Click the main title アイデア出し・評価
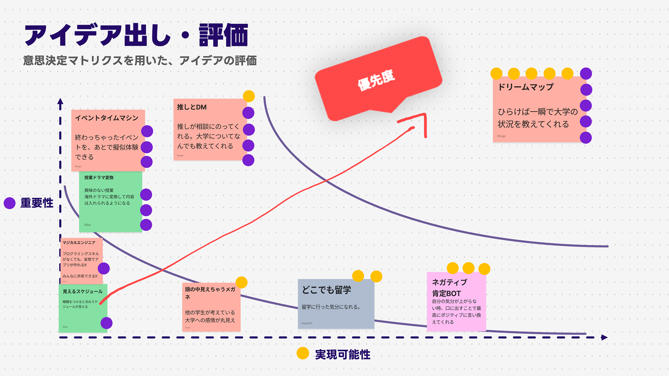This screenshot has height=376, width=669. pos(136,35)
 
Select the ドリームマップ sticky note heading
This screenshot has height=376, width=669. pos(525,87)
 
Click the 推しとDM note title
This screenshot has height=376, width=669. pos(192,107)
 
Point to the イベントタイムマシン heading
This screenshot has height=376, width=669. pos(107,118)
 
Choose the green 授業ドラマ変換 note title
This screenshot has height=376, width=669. pos(99,178)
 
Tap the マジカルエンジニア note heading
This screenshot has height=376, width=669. pos(79,243)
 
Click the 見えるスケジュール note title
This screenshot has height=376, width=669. pos(83,292)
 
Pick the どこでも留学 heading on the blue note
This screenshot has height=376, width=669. pos(326,290)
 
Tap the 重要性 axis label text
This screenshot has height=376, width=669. pos(37,203)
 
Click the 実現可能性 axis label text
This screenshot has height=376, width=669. pos(343,355)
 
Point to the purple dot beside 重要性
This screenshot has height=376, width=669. pos(10,203)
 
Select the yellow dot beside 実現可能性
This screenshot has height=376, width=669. pos(303,353)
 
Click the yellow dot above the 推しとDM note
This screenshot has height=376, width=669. pos(249,96)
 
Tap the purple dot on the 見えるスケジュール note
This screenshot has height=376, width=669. pos(106,323)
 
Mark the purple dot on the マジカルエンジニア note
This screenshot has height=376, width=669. pos(104,269)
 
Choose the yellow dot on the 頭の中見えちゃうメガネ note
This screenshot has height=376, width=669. pos(241,282)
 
